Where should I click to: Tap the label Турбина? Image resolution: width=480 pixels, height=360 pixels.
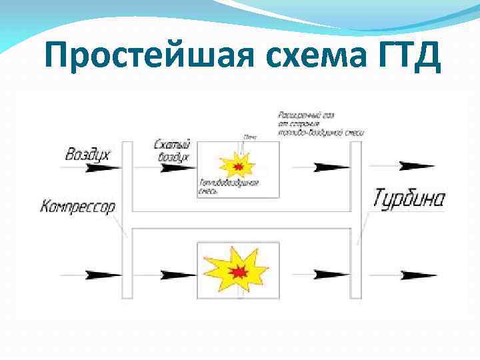[x=409, y=199]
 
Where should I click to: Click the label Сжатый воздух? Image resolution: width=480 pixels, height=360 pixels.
[x=172, y=150]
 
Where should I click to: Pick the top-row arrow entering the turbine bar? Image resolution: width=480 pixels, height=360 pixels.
[x=331, y=166]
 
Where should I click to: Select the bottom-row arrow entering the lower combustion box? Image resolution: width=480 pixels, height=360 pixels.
[x=179, y=274]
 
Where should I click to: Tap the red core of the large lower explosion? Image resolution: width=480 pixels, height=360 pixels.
[x=238, y=271]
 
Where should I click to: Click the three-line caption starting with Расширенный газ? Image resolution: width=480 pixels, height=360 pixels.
[x=320, y=124]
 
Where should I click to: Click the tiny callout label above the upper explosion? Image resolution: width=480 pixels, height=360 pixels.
[x=250, y=137]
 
